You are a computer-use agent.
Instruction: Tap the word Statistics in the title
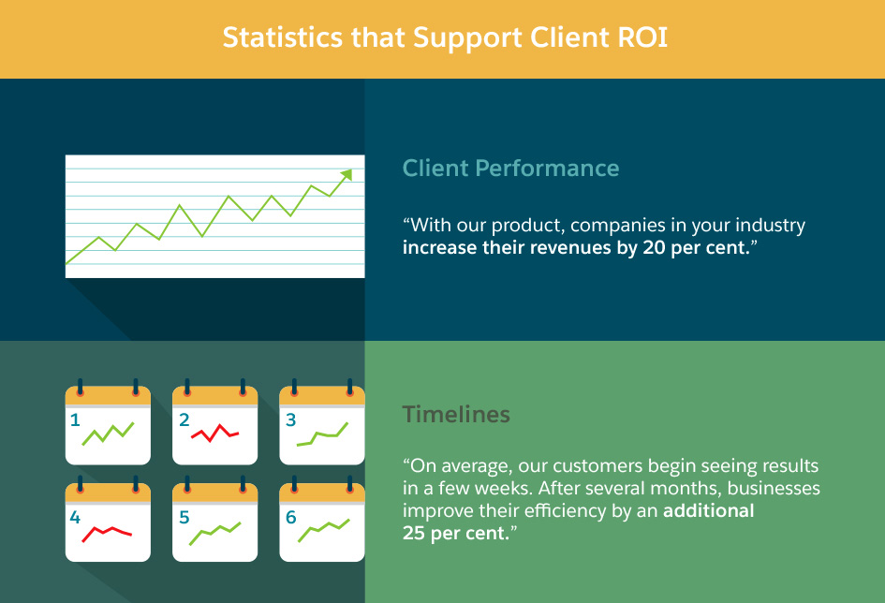(x=282, y=37)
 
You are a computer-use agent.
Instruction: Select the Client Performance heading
(x=510, y=169)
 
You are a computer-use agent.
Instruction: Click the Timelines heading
(x=456, y=415)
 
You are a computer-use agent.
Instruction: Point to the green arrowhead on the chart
(x=347, y=175)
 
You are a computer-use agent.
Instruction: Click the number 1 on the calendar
(x=75, y=419)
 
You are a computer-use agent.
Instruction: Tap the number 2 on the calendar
(x=184, y=419)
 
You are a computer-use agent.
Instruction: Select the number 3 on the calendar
(x=290, y=419)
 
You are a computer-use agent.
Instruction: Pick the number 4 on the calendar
(x=75, y=517)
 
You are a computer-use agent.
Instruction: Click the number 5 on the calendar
(x=184, y=517)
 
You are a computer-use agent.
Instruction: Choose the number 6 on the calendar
(x=290, y=517)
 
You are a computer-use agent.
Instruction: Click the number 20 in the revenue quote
(x=654, y=247)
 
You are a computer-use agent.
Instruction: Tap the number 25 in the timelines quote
(x=414, y=533)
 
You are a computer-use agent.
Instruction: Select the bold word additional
(x=708, y=510)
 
